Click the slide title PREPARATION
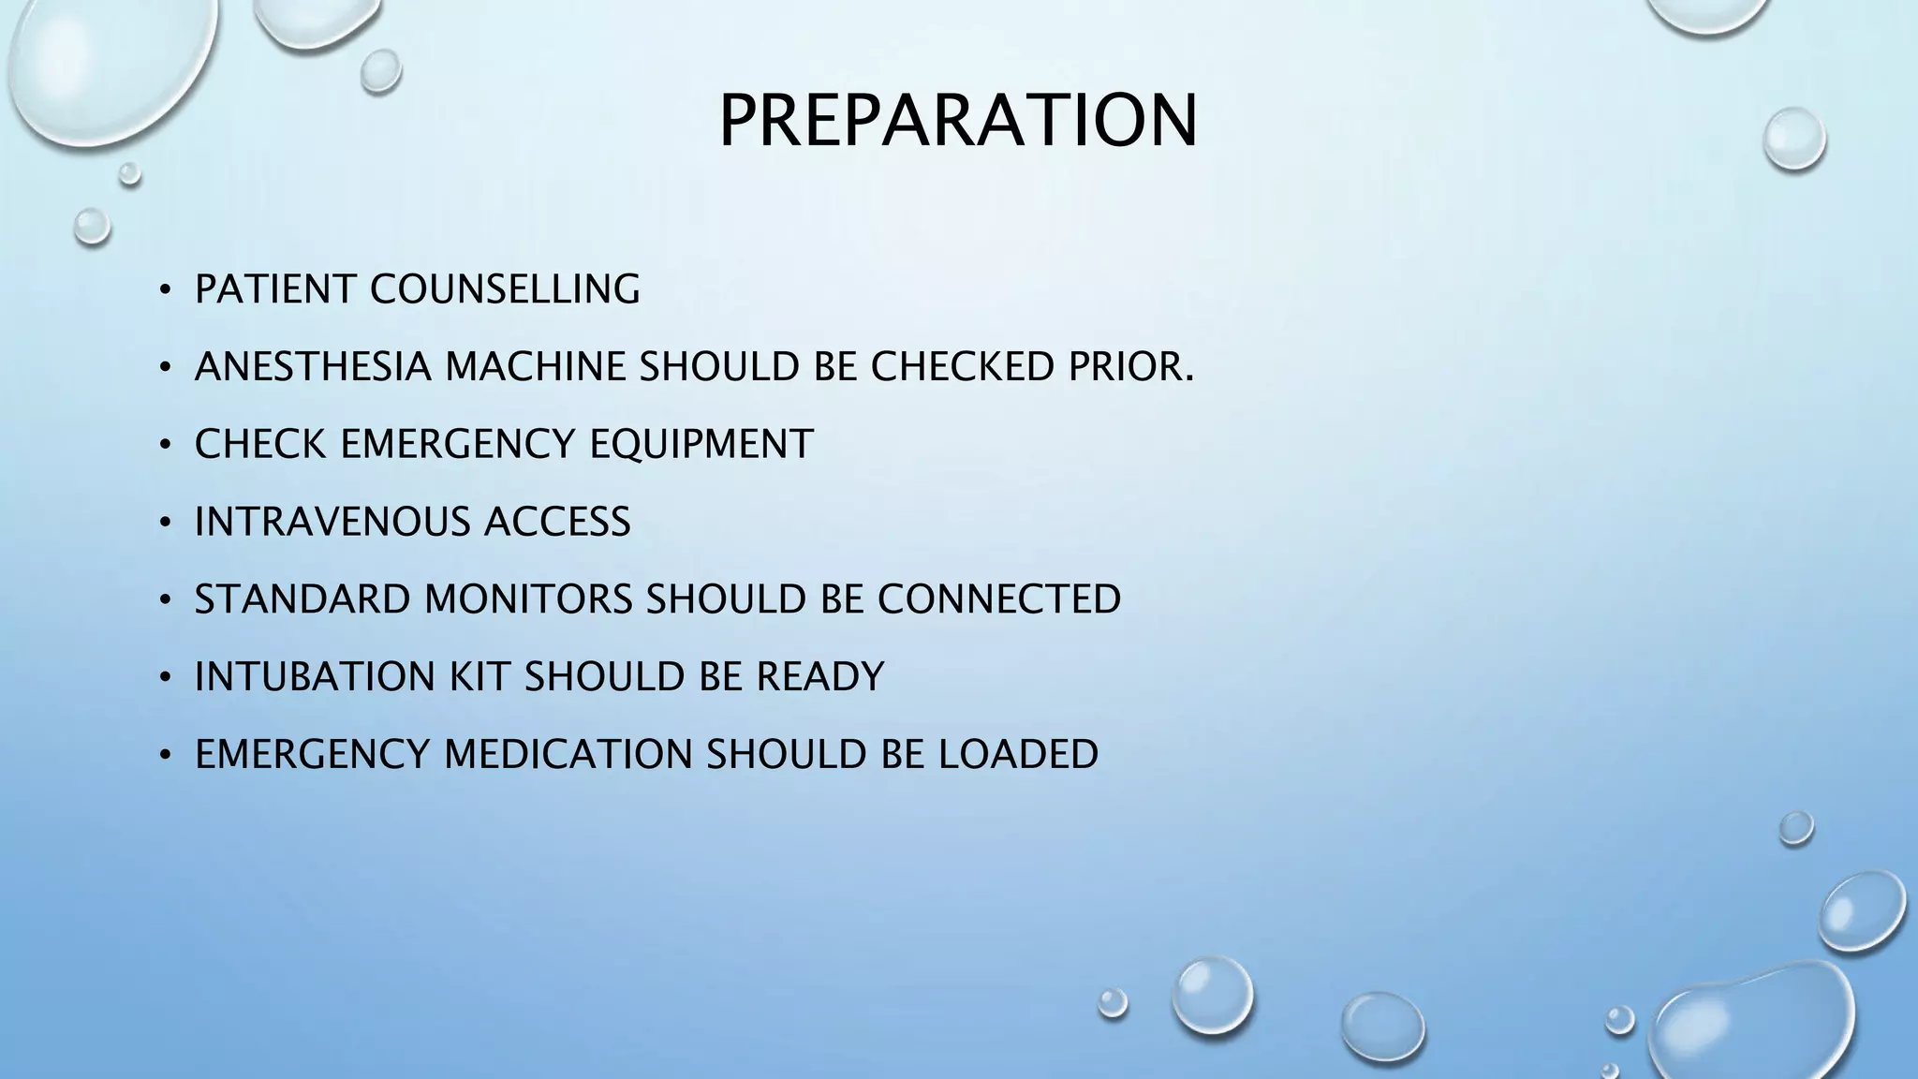958,121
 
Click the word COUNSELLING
505,289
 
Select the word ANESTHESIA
313,367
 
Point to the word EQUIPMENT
701,444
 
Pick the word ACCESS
557,522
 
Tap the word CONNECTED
999,599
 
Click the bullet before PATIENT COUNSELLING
165,290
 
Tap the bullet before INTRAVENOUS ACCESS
165,523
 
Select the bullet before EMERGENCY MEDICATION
165,756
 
